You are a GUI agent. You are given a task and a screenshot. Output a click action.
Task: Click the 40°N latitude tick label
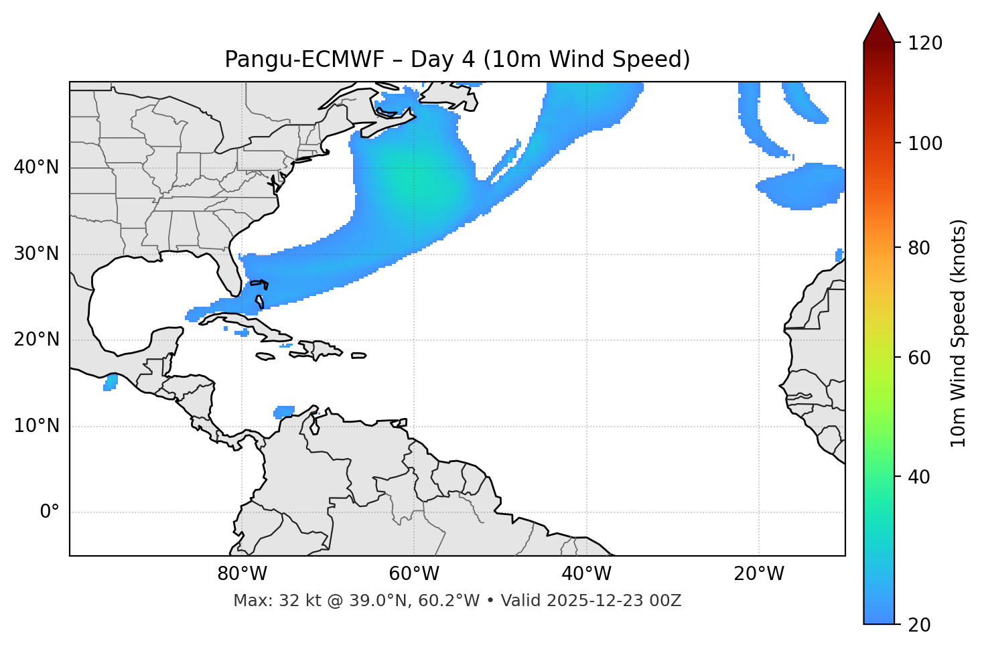click(36, 167)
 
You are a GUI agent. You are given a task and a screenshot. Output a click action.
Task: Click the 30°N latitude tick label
click(36, 254)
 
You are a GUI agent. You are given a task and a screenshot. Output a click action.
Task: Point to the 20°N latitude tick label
click(36, 340)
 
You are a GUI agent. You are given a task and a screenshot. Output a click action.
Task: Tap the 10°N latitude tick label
click(36, 426)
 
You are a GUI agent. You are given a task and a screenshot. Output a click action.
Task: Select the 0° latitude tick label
click(50, 512)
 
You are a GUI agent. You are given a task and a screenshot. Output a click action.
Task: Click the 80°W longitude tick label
click(242, 574)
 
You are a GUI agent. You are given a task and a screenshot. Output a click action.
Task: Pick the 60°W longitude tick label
click(414, 574)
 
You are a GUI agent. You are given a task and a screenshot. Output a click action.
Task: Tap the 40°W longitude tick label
click(586, 574)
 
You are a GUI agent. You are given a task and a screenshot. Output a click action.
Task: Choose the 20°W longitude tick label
click(759, 574)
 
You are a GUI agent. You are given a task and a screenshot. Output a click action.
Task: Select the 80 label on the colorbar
click(923, 248)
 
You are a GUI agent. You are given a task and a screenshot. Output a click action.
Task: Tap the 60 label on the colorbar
click(923, 358)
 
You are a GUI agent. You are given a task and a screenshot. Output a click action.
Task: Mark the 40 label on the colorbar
click(923, 477)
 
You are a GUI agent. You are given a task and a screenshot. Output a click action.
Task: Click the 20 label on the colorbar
click(923, 625)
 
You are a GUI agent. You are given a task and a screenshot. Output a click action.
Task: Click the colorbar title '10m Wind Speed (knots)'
click(959, 333)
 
